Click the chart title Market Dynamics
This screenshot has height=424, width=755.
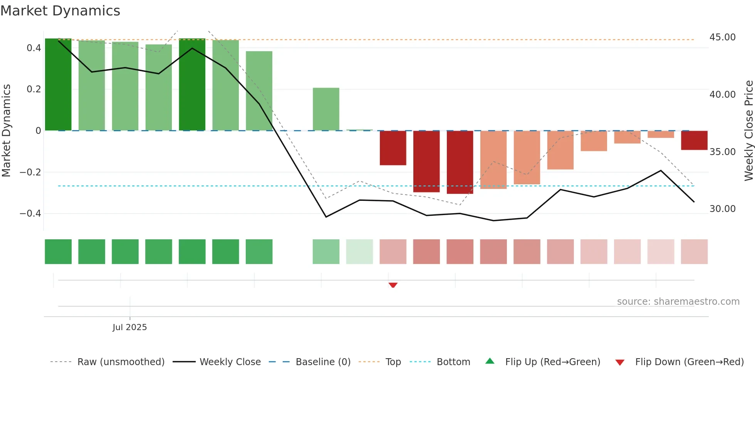[x=60, y=11]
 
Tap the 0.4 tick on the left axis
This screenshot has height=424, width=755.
[x=34, y=48]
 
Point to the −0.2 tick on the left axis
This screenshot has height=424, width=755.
[x=30, y=172]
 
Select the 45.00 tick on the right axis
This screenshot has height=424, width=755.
[x=722, y=37]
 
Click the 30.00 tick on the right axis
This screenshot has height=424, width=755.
[x=722, y=209]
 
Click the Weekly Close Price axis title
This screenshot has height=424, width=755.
[x=748, y=131]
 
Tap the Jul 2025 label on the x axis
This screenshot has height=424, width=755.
[x=130, y=327]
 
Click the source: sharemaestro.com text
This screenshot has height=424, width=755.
[x=678, y=302]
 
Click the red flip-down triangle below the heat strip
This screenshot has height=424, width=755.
[x=393, y=285]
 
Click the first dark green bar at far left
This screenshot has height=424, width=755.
[x=58, y=85]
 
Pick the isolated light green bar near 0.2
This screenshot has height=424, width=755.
[x=326, y=109]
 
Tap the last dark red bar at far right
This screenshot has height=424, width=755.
[x=694, y=140]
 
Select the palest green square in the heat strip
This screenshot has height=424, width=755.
[x=359, y=252]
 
